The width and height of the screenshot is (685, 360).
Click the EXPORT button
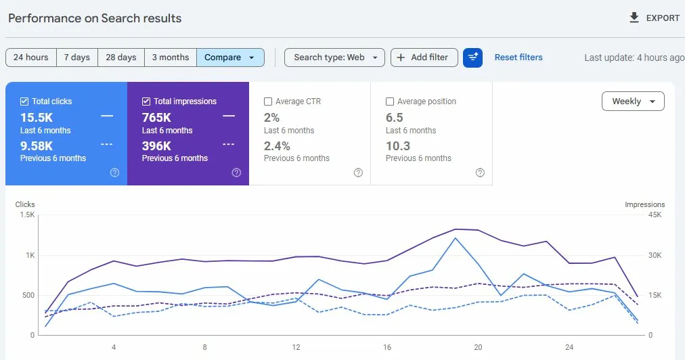pos(654,18)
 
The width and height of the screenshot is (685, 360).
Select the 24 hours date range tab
pos(30,58)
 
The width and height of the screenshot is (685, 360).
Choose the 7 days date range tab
pos(77,58)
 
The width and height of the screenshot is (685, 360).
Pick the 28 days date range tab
pos(120,58)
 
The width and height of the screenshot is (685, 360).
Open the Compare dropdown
pos(229,58)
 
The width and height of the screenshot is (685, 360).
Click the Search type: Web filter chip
pos(334,58)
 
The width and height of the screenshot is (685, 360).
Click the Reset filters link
pos(518,58)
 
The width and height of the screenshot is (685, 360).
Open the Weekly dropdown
pos(633,102)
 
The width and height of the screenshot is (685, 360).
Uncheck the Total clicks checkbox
pos(24,102)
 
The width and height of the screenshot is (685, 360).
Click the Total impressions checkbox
pos(146,102)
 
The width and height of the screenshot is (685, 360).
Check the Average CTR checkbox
pos(268,102)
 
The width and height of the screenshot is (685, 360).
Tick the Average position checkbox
pos(390,102)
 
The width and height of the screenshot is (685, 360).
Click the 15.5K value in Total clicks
pos(37,117)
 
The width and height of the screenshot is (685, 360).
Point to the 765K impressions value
pos(157,117)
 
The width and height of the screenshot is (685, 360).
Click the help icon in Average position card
pos(480,173)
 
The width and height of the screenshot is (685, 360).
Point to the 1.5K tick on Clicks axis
pos(27,215)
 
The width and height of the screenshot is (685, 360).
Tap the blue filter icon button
pos(472,58)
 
